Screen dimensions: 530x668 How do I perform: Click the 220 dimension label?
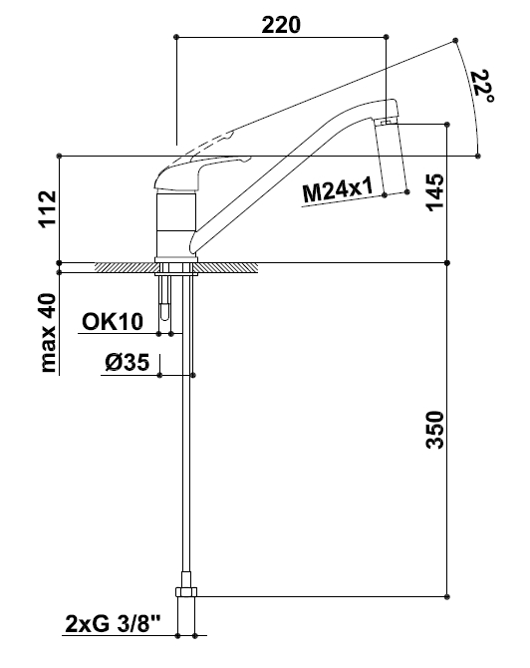click(281, 25)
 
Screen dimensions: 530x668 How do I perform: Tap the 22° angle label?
click(483, 88)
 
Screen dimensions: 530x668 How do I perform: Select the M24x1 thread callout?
click(338, 190)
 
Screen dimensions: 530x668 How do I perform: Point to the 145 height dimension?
click(435, 192)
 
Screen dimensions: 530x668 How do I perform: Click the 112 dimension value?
click(48, 209)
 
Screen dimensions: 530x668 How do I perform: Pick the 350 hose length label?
click(435, 430)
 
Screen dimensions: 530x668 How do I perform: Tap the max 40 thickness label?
click(48, 333)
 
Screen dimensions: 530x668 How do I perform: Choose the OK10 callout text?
click(113, 322)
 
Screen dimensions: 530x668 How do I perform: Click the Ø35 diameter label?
click(128, 363)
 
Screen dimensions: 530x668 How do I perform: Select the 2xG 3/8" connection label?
click(114, 624)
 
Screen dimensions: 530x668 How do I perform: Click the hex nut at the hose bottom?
click(186, 592)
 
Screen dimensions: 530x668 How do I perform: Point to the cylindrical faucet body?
click(176, 225)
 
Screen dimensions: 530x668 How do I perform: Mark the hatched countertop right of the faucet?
click(228, 267)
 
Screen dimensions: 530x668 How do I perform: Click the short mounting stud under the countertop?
click(164, 296)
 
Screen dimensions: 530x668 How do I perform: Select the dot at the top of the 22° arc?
click(456, 40)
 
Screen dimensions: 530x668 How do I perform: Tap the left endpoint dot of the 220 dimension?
click(176, 37)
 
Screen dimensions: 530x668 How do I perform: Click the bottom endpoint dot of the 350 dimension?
click(447, 596)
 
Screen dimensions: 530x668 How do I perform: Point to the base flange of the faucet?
click(176, 260)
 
